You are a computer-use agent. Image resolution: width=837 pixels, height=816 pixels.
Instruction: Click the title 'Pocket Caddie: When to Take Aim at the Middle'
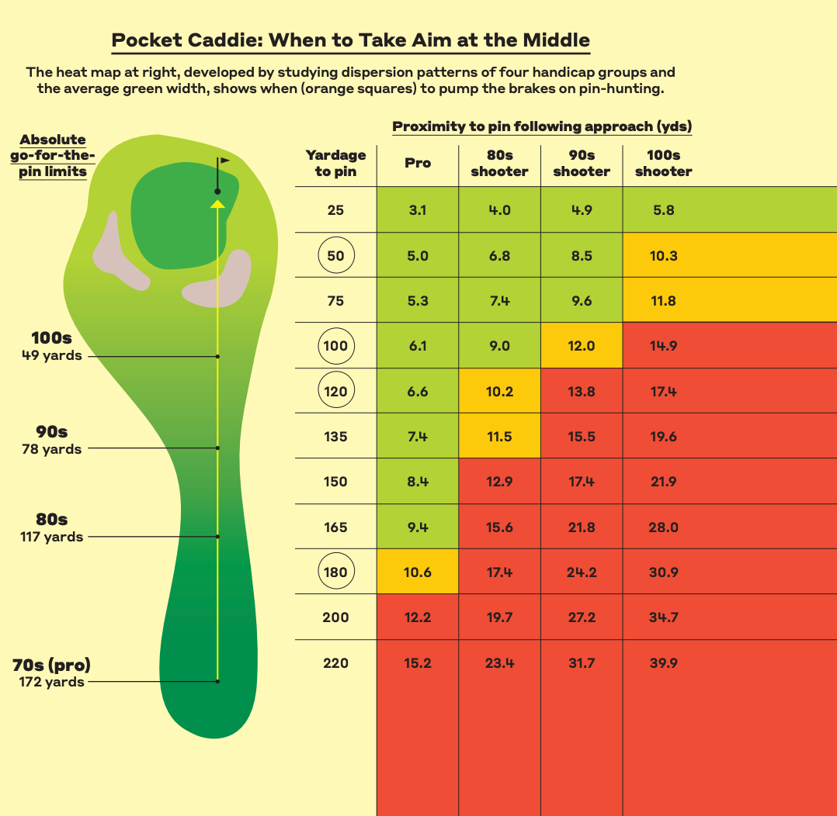pos(350,40)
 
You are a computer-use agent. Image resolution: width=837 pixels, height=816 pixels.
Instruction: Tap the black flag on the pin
pos(224,161)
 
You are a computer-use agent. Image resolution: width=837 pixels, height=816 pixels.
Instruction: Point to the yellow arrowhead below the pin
pos(218,204)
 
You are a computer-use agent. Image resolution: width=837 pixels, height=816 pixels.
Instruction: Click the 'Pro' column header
pos(418,164)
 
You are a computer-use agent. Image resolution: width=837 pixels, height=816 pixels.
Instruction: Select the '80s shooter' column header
pos(499,164)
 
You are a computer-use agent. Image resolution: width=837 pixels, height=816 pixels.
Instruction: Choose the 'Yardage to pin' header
pos(335,164)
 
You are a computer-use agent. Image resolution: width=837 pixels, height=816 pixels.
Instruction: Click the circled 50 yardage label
pos(335,256)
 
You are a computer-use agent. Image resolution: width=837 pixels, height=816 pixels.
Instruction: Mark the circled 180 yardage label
pos(335,572)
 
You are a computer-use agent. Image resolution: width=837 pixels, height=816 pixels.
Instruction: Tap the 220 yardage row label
pos(335,663)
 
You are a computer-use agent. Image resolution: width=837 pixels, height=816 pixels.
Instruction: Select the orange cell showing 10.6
pos(418,572)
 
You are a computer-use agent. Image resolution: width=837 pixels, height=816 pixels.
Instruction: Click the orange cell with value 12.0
pos(582,346)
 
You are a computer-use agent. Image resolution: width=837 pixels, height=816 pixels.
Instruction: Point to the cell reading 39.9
pos(663,663)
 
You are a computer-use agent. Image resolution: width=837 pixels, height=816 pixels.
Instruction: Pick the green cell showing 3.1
pos(418,210)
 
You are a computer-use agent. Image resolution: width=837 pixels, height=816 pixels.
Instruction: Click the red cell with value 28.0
pos(663,527)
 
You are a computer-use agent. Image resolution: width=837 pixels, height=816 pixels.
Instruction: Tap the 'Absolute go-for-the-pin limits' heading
pos(53,155)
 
